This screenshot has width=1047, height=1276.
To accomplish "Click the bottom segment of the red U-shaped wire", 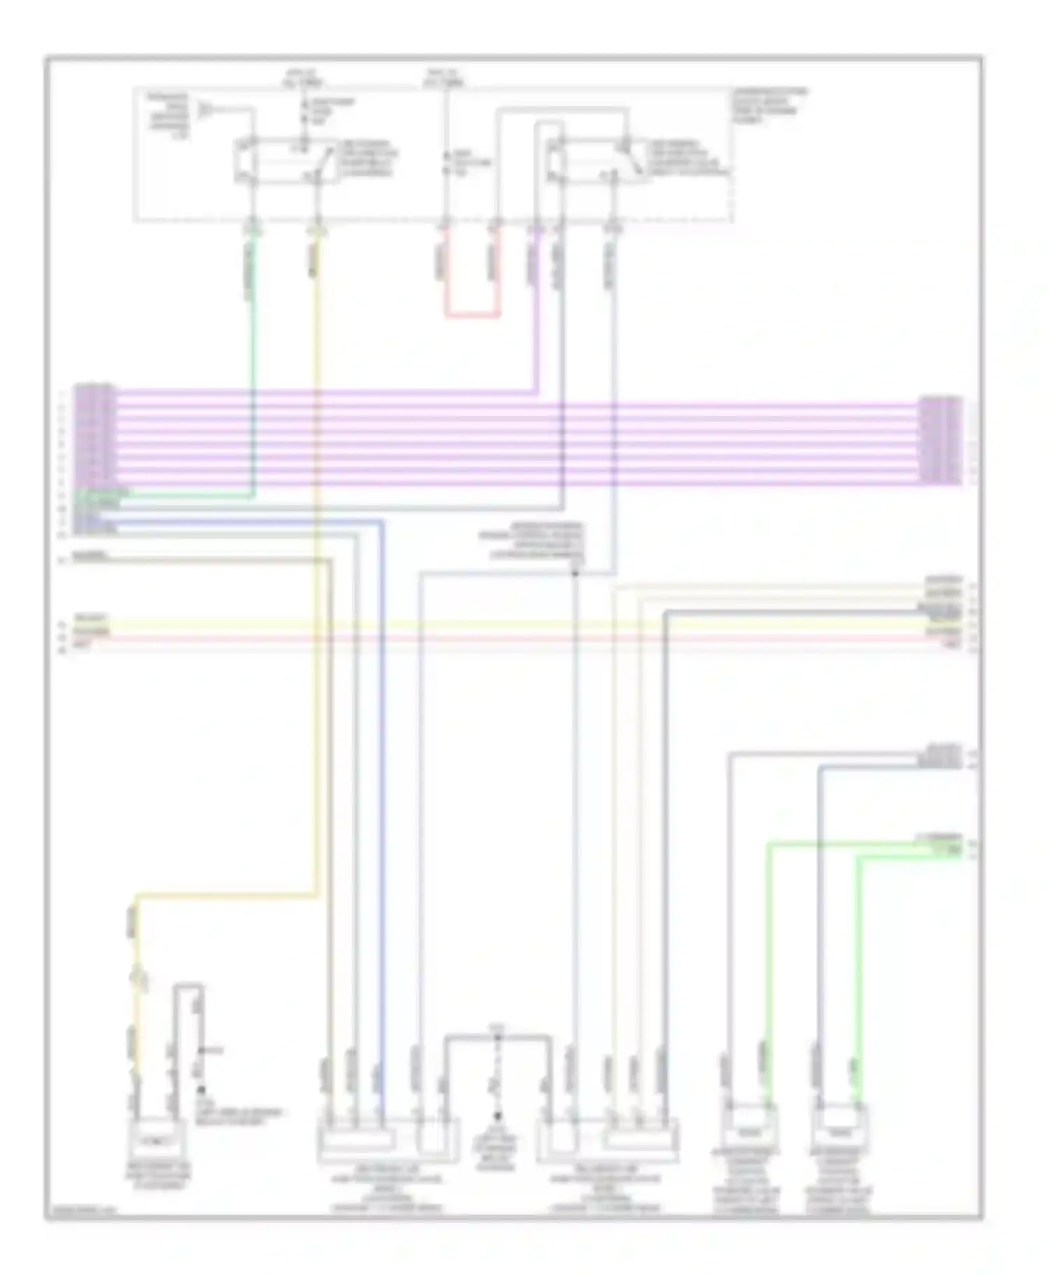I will coord(473,316).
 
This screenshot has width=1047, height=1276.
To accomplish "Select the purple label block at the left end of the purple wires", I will coord(95,434).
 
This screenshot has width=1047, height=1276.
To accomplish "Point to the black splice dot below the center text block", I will coord(575,574).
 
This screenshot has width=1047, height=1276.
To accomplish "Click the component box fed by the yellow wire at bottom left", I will coord(157,1142).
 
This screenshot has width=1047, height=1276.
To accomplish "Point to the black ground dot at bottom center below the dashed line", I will coord(498,1116).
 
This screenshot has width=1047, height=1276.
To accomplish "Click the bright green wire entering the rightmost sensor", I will coord(858,977).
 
